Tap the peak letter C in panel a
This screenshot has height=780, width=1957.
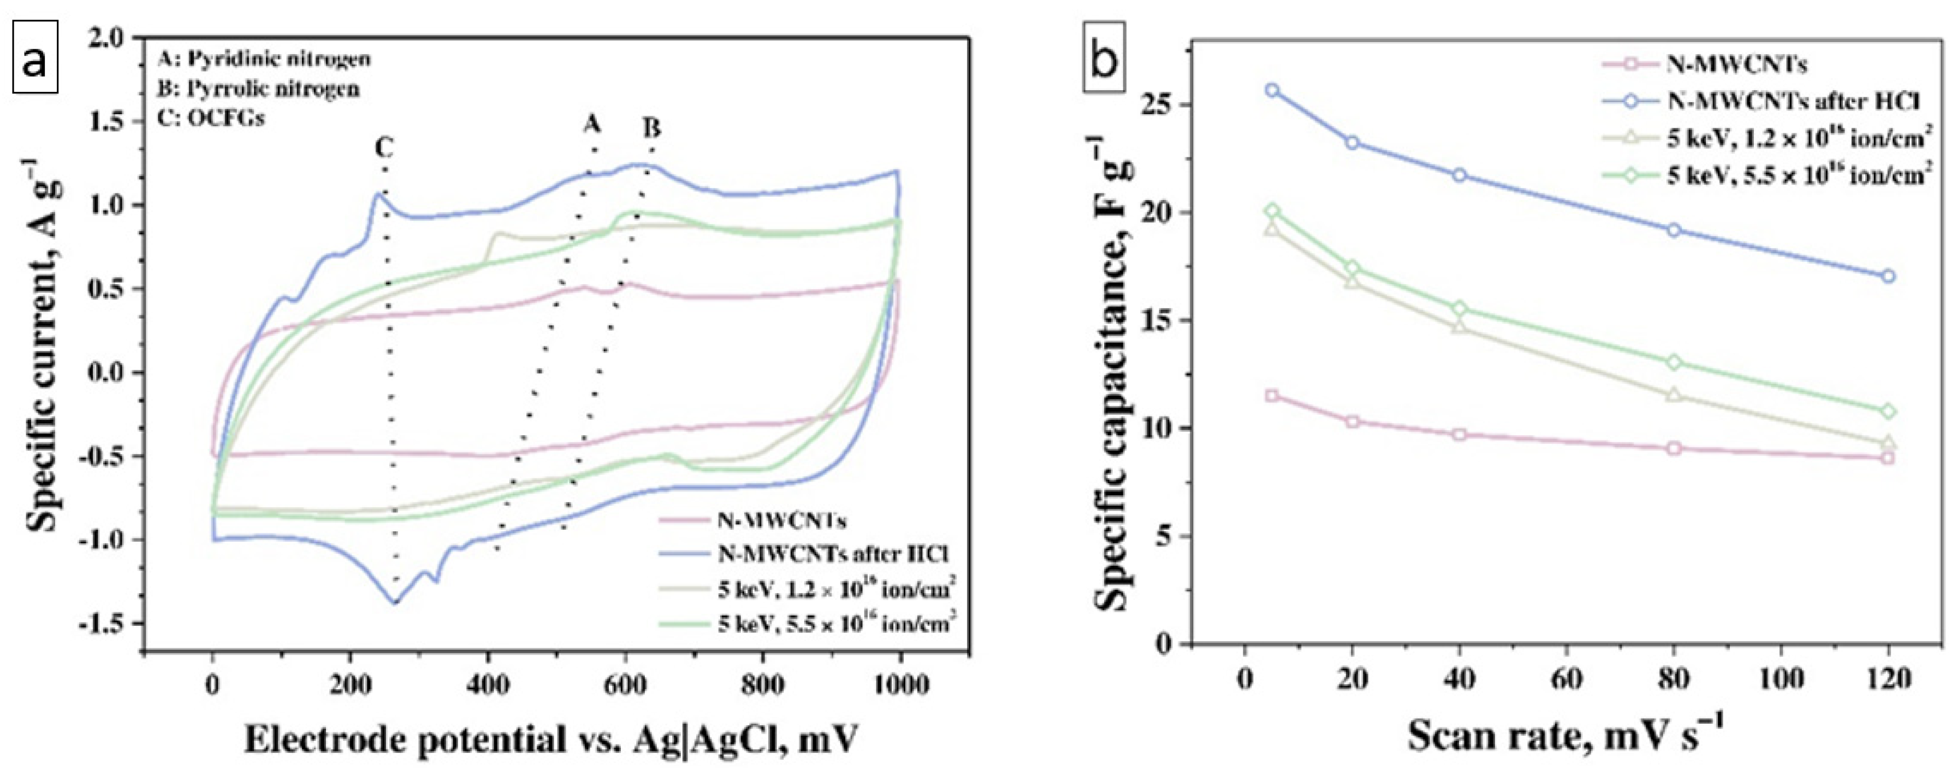[384, 146]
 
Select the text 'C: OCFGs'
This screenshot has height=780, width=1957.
[210, 119]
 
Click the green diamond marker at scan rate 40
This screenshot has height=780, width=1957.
[1458, 309]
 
